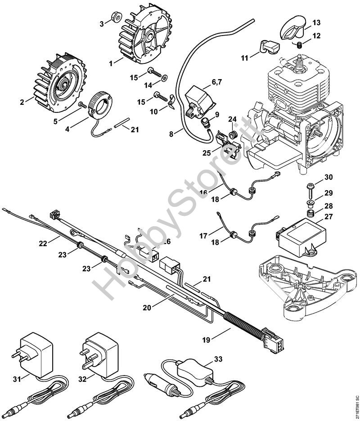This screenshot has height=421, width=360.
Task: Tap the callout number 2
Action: click(x=22, y=102)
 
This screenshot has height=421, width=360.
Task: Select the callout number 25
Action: click(x=206, y=153)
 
